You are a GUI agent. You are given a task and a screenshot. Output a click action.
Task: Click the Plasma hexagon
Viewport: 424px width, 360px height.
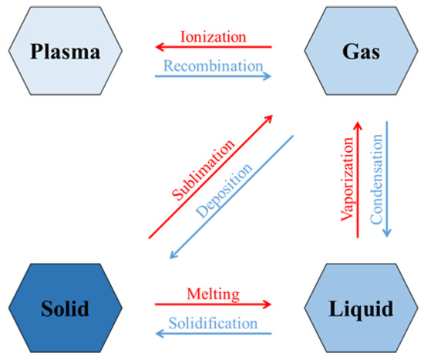tap(65, 52)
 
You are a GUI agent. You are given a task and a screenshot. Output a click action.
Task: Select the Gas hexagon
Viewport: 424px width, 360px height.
tap(358, 52)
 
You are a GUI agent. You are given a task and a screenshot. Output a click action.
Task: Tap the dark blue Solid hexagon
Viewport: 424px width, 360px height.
tap(65, 308)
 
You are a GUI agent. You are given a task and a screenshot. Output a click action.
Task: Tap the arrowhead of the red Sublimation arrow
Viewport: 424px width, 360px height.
tap(270, 119)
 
